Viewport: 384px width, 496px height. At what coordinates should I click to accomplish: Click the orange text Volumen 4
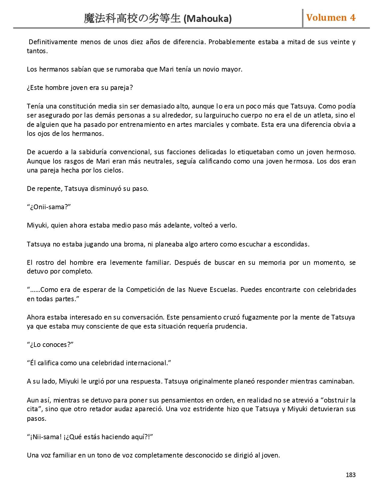(331, 18)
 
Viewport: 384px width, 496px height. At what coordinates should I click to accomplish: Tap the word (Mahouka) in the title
(208, 19)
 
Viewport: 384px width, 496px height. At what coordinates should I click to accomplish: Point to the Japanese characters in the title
(132, 19)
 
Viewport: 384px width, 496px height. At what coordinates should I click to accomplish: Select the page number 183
(351, 475)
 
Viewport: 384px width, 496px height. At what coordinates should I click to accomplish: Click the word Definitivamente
(53, 42)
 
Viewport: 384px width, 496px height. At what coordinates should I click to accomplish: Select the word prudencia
(230, 326)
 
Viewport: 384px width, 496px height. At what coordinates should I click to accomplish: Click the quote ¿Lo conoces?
(50, 345)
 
